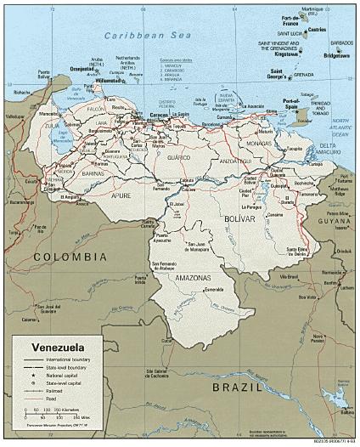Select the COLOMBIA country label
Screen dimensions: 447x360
pos(62,256)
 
